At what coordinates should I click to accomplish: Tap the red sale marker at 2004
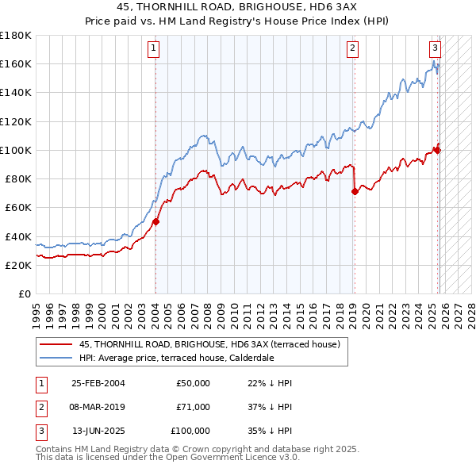click(156, 222)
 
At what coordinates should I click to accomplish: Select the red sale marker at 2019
click(355, 191)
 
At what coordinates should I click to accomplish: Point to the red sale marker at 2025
click(437, 150)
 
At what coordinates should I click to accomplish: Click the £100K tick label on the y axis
click(15, 150)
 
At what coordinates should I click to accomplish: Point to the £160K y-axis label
click(15, 63)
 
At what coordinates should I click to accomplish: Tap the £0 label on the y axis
click(22, 294)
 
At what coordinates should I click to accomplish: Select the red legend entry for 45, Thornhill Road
click(209, 344)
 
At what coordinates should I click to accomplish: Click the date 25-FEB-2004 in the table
click(98, 383)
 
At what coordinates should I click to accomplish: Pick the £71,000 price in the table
click(194, 407)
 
